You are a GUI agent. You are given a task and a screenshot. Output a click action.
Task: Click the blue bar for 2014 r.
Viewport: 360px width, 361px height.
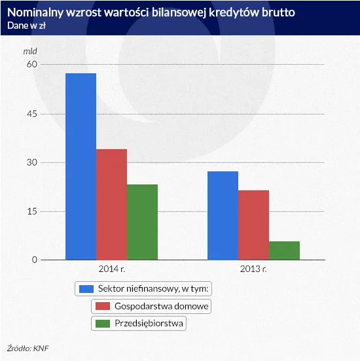pyautogui.click(x=81, y=167)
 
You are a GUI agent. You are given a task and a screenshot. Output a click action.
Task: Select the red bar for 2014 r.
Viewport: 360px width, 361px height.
pyautogui.click(x=111, y=205)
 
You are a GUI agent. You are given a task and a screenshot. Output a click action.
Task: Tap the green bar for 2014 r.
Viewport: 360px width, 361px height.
pyautogui.click(x=142, y=222)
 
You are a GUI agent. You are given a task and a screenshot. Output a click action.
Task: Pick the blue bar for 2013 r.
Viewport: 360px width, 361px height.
pyautogui.click(x=223, y=216)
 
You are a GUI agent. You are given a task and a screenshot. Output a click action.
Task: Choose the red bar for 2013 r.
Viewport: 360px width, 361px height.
pyautogui.click(x=253, y=225)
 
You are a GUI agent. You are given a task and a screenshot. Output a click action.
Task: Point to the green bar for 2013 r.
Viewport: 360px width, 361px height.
pyautogui.click(x=284, y=250)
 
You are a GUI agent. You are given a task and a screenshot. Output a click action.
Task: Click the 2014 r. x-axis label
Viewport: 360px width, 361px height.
pyautogui.click(x=111, y=269)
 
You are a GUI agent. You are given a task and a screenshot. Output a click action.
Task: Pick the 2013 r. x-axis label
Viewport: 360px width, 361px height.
pyautogui.click(x=253, y=269)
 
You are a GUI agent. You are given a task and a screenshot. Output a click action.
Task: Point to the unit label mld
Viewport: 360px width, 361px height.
pyautogui.click(x=31, y=50)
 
